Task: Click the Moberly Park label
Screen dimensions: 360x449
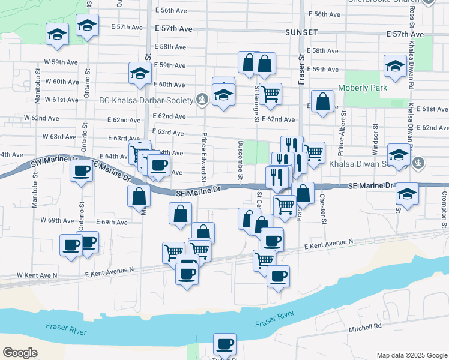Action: click(x=362, y=88)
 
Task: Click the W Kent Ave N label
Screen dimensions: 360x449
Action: click(x=37, y=275)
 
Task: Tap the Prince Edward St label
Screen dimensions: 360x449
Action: click(x=204, y=158)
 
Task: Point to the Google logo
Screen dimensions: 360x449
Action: click(x=20, y=353)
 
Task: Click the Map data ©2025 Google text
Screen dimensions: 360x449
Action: click(x=411, y=355)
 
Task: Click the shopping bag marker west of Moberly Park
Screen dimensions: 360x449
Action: click(x=322, y=101)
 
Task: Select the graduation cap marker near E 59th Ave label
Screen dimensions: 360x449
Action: click(x=140, y=73)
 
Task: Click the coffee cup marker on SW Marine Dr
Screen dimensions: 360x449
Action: click(x=81, y=170)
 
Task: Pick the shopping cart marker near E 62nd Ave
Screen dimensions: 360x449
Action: click(x=271, y=94)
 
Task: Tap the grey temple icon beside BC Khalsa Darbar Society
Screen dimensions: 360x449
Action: click(x=202, y=100)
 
